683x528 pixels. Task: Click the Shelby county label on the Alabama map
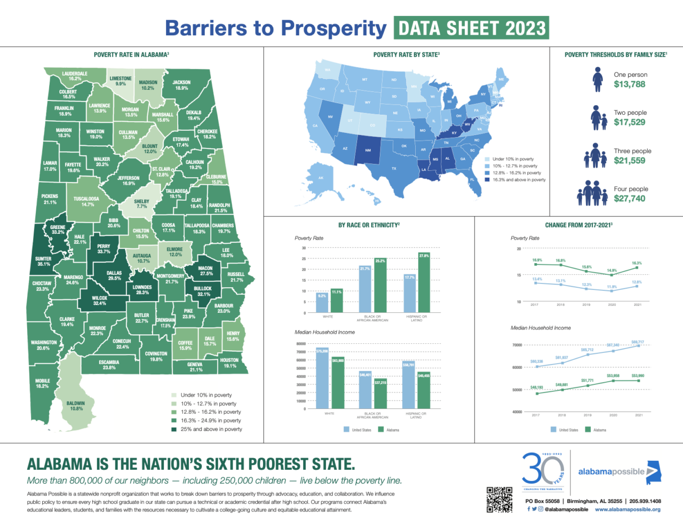(141, 204)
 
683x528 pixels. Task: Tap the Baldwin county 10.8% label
(76, 406)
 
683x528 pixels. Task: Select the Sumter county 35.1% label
(43, 261)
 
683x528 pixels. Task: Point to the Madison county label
(148, 85)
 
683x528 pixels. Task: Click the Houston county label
(230, 363)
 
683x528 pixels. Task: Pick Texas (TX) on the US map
(394, 169)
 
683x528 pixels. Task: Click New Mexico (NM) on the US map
(368, 150)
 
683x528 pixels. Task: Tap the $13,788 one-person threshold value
(629, 84)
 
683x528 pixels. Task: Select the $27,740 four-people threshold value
(629, 199)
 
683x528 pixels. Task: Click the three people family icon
(595, 155)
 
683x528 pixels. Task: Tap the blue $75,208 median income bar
(322, 379)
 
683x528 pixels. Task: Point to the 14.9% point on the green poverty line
(612, 274)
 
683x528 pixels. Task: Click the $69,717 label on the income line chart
(637, 342)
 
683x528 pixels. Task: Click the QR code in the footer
(499, 500)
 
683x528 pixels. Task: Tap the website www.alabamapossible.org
(628, 509)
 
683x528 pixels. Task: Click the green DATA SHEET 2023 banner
(471, 28)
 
